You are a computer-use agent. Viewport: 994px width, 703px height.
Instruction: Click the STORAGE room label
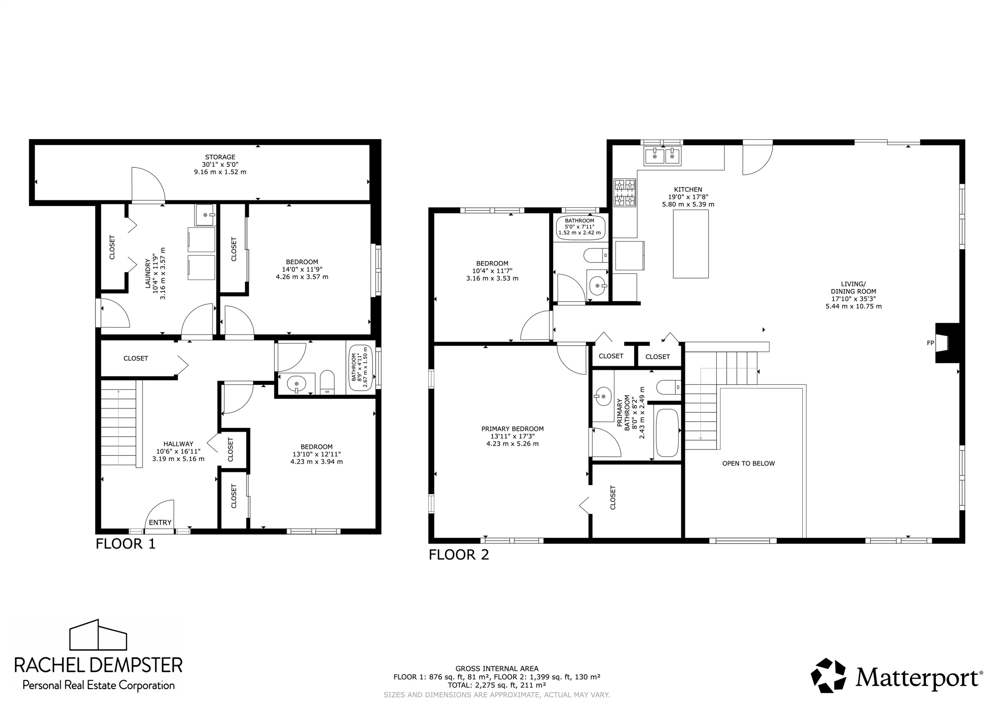click(x=220, y=157)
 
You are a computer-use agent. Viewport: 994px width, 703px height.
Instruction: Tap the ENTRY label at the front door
click(x=160, y=522)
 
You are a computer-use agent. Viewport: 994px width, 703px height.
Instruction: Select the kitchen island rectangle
click(x=690, y=244)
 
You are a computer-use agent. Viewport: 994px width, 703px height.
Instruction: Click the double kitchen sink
click(x=662, y=156)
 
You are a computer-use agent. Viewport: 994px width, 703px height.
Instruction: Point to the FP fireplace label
click(x=930, y=343)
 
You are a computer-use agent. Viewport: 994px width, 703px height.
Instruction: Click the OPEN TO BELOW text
click(x=748, y=463)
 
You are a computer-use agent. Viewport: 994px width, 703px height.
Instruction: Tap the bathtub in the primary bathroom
click(x=667, y=433)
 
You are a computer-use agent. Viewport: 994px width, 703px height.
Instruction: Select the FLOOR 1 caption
click(x=126, y=544)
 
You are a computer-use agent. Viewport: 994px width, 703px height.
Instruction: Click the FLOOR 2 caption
click(x=459, y=555)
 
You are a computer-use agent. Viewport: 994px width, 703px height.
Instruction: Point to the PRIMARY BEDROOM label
click(x=513, y=429)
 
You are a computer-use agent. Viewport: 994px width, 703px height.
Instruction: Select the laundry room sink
click(x=205, y=215)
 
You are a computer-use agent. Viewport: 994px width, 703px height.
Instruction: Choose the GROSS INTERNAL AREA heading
click(x=497, y=668)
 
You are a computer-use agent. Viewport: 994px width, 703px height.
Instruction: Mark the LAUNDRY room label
click(x=148, y=273)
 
